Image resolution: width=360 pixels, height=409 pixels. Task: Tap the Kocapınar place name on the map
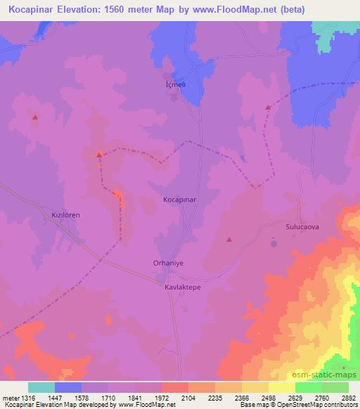click(179, 200)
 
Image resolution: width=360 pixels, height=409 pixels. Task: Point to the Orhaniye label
click(167, 264)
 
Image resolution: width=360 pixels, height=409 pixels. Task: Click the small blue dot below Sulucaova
click(274, 244)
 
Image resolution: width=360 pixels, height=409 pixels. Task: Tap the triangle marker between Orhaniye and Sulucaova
click(229, 240)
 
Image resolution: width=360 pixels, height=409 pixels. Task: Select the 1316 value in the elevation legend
click(27, 397)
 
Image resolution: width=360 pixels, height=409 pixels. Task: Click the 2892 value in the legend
click(347, 397)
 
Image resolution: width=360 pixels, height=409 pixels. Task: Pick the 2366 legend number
click(241, 397)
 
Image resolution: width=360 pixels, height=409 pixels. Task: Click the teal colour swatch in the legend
click(41, 387)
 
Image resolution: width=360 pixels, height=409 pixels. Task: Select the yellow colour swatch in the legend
click(281, 387)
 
